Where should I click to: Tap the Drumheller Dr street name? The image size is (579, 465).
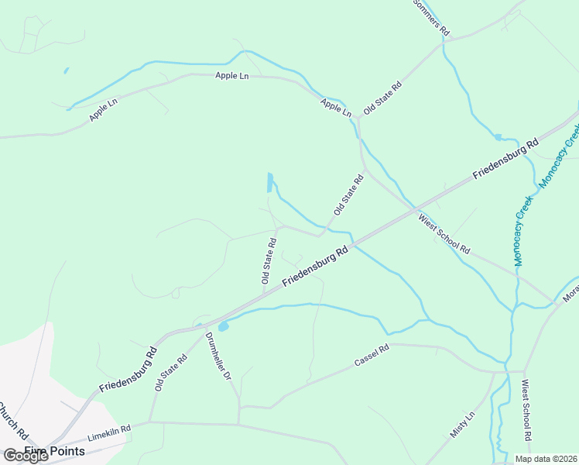tap(218, 356)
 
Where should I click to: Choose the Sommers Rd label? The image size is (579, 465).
tap(430, 17)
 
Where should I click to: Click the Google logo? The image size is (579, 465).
tap(26, 456)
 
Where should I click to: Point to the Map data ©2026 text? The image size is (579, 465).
tap(545, 459)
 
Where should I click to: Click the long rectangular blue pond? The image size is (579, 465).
tap(269, 182)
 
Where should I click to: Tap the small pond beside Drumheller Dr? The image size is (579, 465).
tap(223, 327)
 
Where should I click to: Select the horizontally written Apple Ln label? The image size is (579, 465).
tap(232, 76)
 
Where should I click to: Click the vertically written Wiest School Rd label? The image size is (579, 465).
tap(526, 410)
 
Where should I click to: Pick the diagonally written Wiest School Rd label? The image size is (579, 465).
tap(444, 235)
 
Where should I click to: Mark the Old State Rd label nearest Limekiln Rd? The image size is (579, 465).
tap(170, 373)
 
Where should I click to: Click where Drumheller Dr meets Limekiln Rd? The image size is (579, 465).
tap(238, 424)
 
